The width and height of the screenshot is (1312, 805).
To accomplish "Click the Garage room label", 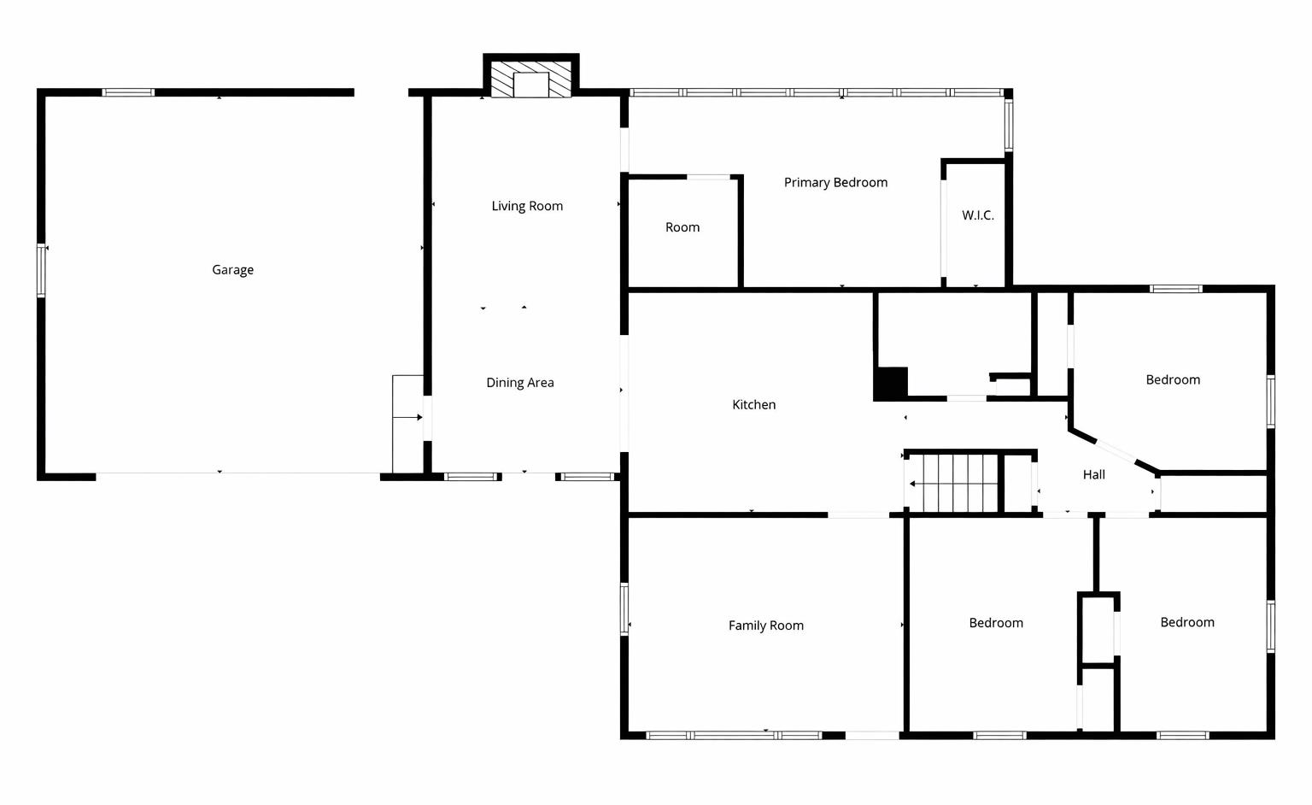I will (x=232, y=270).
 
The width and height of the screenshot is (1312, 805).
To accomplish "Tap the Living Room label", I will (x=527, y=206).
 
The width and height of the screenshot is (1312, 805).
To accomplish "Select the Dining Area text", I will (x=519, y=383).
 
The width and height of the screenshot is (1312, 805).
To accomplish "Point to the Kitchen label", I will (x=753, y=405).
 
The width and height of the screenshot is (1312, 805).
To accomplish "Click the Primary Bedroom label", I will (x=835, y=183).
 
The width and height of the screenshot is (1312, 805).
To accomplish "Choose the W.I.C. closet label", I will (x=977, y=215).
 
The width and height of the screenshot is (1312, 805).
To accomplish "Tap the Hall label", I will (x=1093, y=475).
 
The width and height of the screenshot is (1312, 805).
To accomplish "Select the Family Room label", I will (x=765, y=626).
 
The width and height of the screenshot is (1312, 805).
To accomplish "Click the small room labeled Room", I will (x=682, y=227).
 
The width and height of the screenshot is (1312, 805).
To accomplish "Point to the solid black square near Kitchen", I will (x=890, y=383).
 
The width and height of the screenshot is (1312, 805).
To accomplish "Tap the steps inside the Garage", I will (x=407, y=423).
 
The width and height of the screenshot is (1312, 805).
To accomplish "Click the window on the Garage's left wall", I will (x=41, y=271).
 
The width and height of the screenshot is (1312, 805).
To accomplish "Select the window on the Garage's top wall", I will (x=128, y=92).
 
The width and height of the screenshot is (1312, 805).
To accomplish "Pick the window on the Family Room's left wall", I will (x=624, y=609).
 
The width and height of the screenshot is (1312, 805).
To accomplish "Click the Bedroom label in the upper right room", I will (x=1172, y=380).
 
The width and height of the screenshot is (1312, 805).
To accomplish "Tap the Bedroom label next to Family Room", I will (x=995, y=623).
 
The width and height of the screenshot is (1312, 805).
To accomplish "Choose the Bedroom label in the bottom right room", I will (x=1186, y=623).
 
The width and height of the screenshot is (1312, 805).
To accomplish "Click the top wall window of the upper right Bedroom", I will (x=1175, y=289).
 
